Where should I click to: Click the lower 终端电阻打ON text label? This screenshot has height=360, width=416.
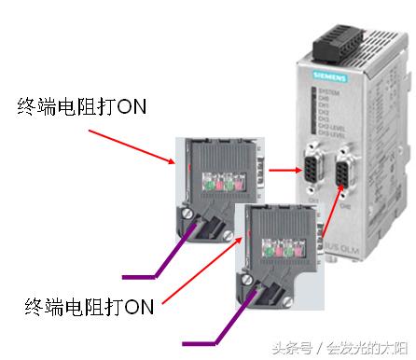click(x=90, y=305)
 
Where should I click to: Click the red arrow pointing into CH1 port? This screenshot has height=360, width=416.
click(x=280, y=171)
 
